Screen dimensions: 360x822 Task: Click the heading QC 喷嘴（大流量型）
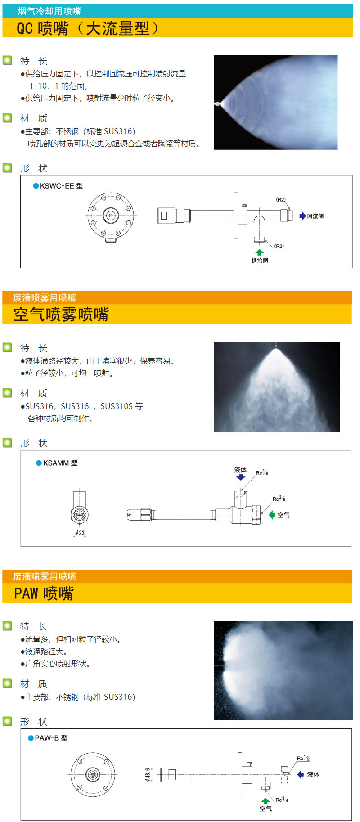point(88,28)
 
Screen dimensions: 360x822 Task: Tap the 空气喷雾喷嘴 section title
point(61,314)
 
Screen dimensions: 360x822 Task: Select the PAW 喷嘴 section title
point(44,593)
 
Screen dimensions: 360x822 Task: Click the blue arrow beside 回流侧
point(302,216)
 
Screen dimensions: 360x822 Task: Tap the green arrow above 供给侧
point(259,252)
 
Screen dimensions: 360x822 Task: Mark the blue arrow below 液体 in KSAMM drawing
point(241,477)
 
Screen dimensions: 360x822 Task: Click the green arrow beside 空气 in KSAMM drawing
point(272,515)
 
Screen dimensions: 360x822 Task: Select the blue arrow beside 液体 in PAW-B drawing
point(301,774)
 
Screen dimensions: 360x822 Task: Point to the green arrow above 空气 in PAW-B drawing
point(265,801)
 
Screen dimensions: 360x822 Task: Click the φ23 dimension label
point(80,533)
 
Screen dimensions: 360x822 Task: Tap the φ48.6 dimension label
point(148,774)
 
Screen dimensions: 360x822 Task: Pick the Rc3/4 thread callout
point(282,800)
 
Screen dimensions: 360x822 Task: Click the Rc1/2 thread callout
point(303,759)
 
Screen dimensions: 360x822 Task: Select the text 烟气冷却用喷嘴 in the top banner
point(49,11)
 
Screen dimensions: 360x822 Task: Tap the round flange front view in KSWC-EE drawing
point(111,216)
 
